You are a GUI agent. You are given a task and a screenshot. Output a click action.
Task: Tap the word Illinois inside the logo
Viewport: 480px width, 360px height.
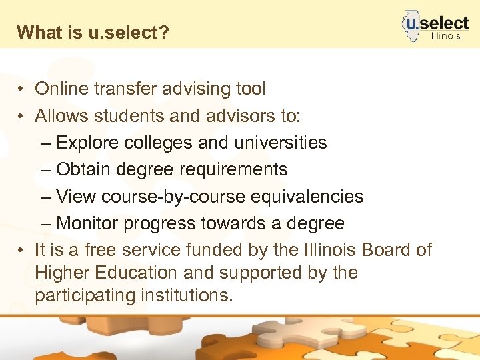[445, 36]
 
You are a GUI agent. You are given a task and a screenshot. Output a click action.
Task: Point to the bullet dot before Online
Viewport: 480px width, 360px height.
[22, 89]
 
